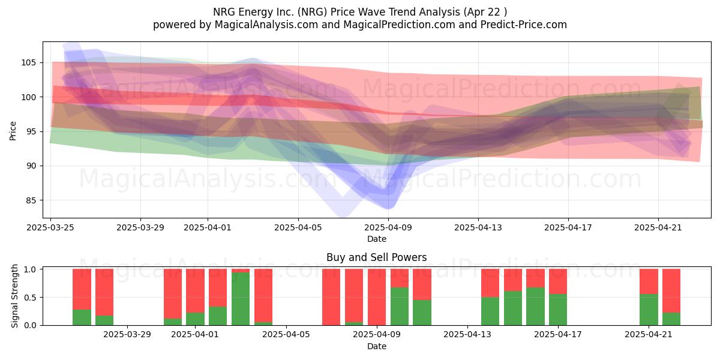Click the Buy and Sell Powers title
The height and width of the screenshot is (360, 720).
[376, 257]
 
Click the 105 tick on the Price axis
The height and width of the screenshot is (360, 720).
[28, 62]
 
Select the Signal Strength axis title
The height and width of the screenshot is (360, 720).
[14, 296]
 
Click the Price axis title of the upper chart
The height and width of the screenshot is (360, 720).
[13, 131]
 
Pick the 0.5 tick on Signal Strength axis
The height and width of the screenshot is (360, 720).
[30, 298]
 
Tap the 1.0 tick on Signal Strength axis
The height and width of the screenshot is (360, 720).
[30, 269]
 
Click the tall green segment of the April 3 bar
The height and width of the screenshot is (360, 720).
[241, 299]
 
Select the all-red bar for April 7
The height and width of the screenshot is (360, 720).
[331, 297]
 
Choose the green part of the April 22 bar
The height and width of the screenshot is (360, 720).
[671, 319]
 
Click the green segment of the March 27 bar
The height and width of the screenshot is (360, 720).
[104, 320]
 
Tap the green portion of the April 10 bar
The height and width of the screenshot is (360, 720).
[422, 313]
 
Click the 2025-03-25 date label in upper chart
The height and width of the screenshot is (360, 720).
[50, 228]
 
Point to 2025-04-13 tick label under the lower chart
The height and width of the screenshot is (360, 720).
[467, 335]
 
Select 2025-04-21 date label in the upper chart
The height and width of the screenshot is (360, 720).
[658, 228]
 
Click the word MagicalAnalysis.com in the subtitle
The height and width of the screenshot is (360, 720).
[266, 25]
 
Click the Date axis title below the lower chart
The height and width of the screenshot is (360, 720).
[377, 347]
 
